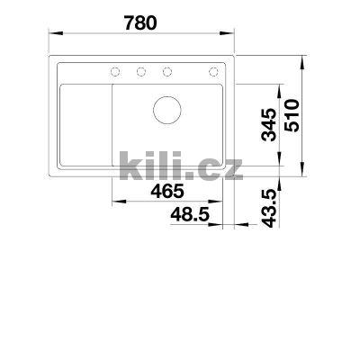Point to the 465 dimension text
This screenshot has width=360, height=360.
(x=167, y=192)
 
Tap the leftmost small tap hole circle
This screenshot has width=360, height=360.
(x=116, y=72)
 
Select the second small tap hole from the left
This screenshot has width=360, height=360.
(x=141, y=72)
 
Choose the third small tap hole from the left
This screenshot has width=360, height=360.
(x=166, y=72)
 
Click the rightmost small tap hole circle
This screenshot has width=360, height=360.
(x=214, y=72)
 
